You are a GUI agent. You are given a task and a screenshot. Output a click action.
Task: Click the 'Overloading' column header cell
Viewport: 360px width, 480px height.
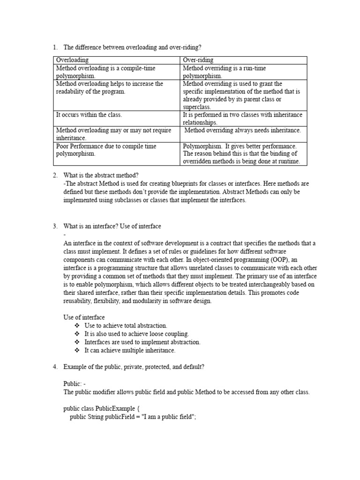(72, 60)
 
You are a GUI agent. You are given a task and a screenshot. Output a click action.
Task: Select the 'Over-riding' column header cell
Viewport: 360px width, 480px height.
(198, 60)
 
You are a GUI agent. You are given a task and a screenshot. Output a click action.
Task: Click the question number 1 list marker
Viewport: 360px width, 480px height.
(54, 47)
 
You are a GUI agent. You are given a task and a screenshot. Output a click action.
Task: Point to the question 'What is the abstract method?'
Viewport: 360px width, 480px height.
(101, 175)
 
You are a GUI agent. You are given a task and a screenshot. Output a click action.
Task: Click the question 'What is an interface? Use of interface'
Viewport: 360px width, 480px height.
(112, 226)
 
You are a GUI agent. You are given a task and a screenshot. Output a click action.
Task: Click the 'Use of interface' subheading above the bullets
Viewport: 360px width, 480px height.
(84, 317)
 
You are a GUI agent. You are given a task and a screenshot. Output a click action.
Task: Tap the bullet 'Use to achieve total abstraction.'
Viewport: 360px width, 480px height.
(126, 325)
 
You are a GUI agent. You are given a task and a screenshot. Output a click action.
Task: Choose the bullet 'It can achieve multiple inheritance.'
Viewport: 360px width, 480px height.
(130, 350)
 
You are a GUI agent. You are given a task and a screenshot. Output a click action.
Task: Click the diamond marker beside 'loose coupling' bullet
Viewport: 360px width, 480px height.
(77, 334)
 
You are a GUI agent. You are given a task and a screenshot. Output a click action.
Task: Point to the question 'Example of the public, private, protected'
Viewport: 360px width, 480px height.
(134, 367)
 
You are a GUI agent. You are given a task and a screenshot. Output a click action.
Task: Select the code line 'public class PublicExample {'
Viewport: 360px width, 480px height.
(98, 409)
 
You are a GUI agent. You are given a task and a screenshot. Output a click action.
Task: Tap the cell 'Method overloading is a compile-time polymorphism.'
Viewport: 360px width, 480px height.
(105, 72)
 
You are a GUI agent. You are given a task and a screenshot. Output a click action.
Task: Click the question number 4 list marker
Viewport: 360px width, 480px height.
(54, 367)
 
